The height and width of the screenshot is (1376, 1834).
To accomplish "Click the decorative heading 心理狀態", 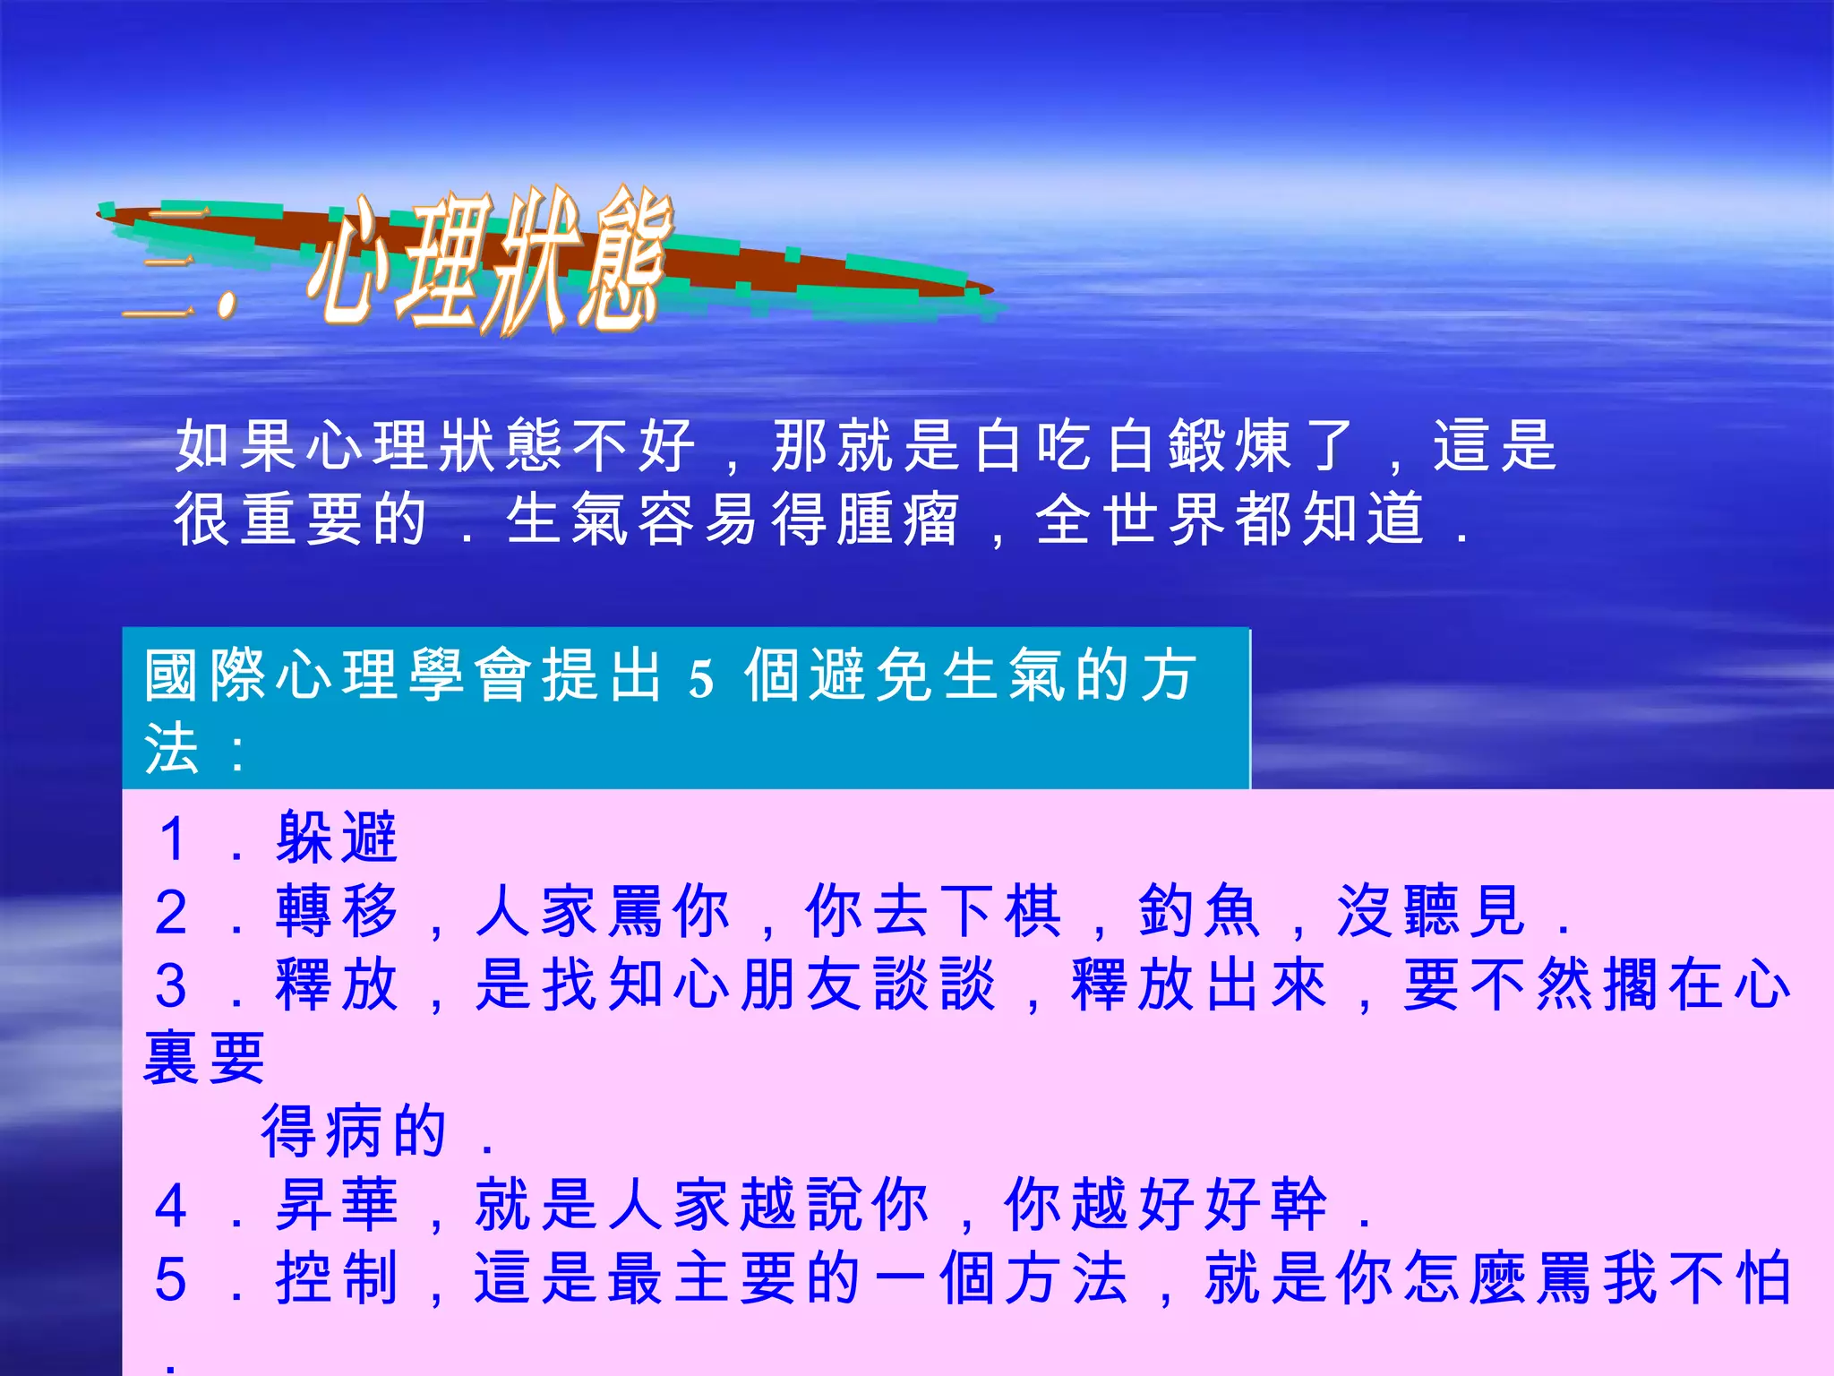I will click(x=488, y=260).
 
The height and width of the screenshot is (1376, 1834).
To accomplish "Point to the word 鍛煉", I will click(x=1231, y=445).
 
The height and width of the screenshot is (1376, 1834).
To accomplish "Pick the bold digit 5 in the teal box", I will click(x=701, y=678).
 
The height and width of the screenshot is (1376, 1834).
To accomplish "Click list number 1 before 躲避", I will click(x=172, y=839).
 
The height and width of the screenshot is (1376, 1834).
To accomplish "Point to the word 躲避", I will click(x=337, y=838).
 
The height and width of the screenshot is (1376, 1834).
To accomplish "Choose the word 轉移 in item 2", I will click(x=337, y=911).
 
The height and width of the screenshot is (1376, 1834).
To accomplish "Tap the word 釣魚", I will click(x=1199, y=911).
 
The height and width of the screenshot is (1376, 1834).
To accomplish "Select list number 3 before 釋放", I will click(x=172, y=986).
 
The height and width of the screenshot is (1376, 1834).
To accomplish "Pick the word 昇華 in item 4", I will click(x=337, y=1205).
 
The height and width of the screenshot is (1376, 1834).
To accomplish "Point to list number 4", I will click(x=172, y=1207).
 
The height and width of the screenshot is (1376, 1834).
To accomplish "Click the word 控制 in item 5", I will click(x=337, y=1278).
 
